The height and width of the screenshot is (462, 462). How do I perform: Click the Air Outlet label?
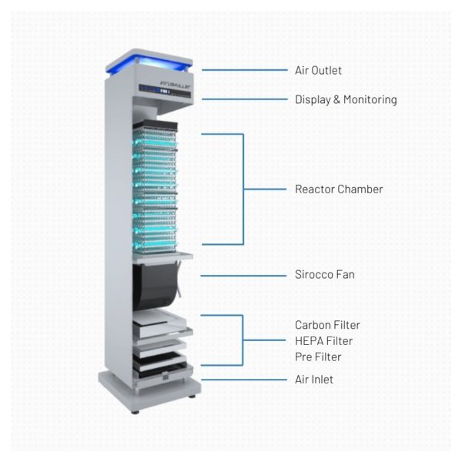[x=318, y=71]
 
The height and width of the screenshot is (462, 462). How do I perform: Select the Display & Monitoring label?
[x=346, y=99]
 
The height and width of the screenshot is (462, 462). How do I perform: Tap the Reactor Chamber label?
[x=339, y=189]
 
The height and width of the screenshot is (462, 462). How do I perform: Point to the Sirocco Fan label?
[x=324, y=274]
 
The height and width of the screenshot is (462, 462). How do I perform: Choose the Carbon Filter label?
[x=327, y=325]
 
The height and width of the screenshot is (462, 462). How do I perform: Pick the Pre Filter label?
[x=318, y=357]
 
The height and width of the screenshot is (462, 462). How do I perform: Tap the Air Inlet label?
[x=314, y=380]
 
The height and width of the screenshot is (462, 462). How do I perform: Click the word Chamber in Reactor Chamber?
[x=360, y=189]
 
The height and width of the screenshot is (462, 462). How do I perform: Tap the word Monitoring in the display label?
[x=370, y=99]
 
